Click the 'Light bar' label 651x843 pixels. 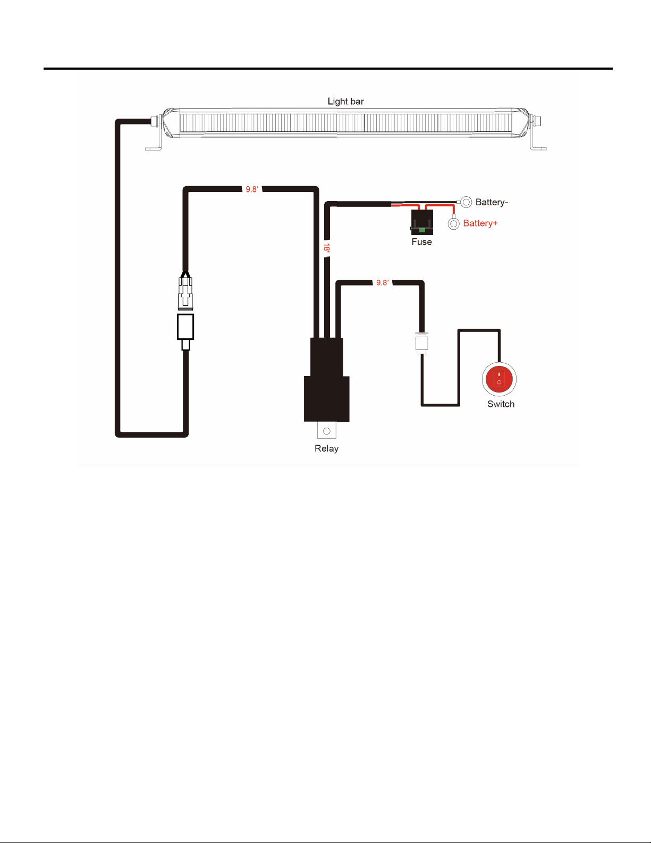point(345,101)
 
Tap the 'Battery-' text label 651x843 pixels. point(492,202)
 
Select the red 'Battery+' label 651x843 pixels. point(480,223)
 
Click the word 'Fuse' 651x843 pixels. point(421,242)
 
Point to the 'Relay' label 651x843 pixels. point(326,448)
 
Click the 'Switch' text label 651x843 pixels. point(501,404)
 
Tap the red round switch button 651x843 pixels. point(499,379)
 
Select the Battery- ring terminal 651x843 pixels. point(466,202)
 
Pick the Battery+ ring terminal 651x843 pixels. point(453,224)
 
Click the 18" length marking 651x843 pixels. point(327,248)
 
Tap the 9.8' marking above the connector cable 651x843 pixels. point(252,189)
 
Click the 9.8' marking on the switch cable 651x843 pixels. point(383,283)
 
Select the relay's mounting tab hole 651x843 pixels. point(327,431)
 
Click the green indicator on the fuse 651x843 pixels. point(422,230)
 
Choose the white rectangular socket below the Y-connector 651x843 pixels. point(185,327)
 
